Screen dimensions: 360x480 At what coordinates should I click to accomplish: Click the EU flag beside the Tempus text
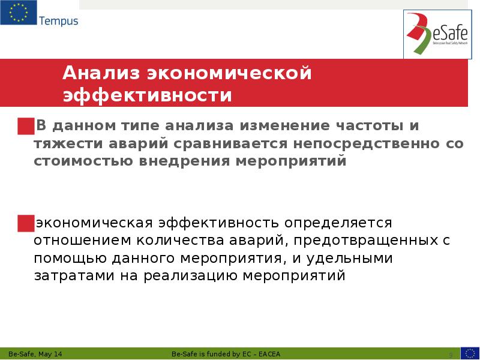[x=19, y=13]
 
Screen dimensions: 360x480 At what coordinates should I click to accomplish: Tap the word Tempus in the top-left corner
[x=59, y=22]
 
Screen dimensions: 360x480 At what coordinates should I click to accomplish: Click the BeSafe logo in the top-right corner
[x=435, y=35]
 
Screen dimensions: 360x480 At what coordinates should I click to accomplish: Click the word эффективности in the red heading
[x=148, y=96]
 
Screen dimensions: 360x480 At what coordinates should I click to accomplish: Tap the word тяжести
[x=65, y=144]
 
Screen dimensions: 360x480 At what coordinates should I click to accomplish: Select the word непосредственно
[x=366, y=144]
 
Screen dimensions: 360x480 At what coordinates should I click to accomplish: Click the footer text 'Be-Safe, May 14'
[x=35, y=353]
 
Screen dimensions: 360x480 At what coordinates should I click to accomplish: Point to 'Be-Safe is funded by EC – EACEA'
[x=230, y=353]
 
